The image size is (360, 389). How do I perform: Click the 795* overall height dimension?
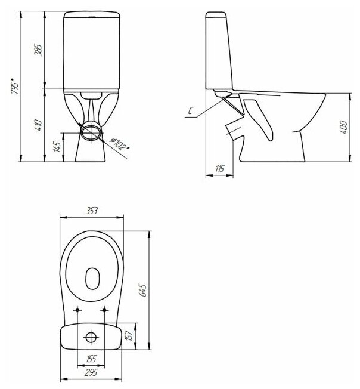(14, 87)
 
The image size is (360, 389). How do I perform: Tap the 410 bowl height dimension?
(39, 125)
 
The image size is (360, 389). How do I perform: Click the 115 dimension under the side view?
(219, 169)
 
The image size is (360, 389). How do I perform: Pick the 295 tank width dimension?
(91, 372)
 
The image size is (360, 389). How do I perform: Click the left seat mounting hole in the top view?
(78, 310)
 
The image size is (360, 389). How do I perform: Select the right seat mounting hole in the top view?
(105, 310)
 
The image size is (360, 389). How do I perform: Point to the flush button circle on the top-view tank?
(91, 338)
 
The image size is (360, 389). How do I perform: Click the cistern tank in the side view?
(220, 51)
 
